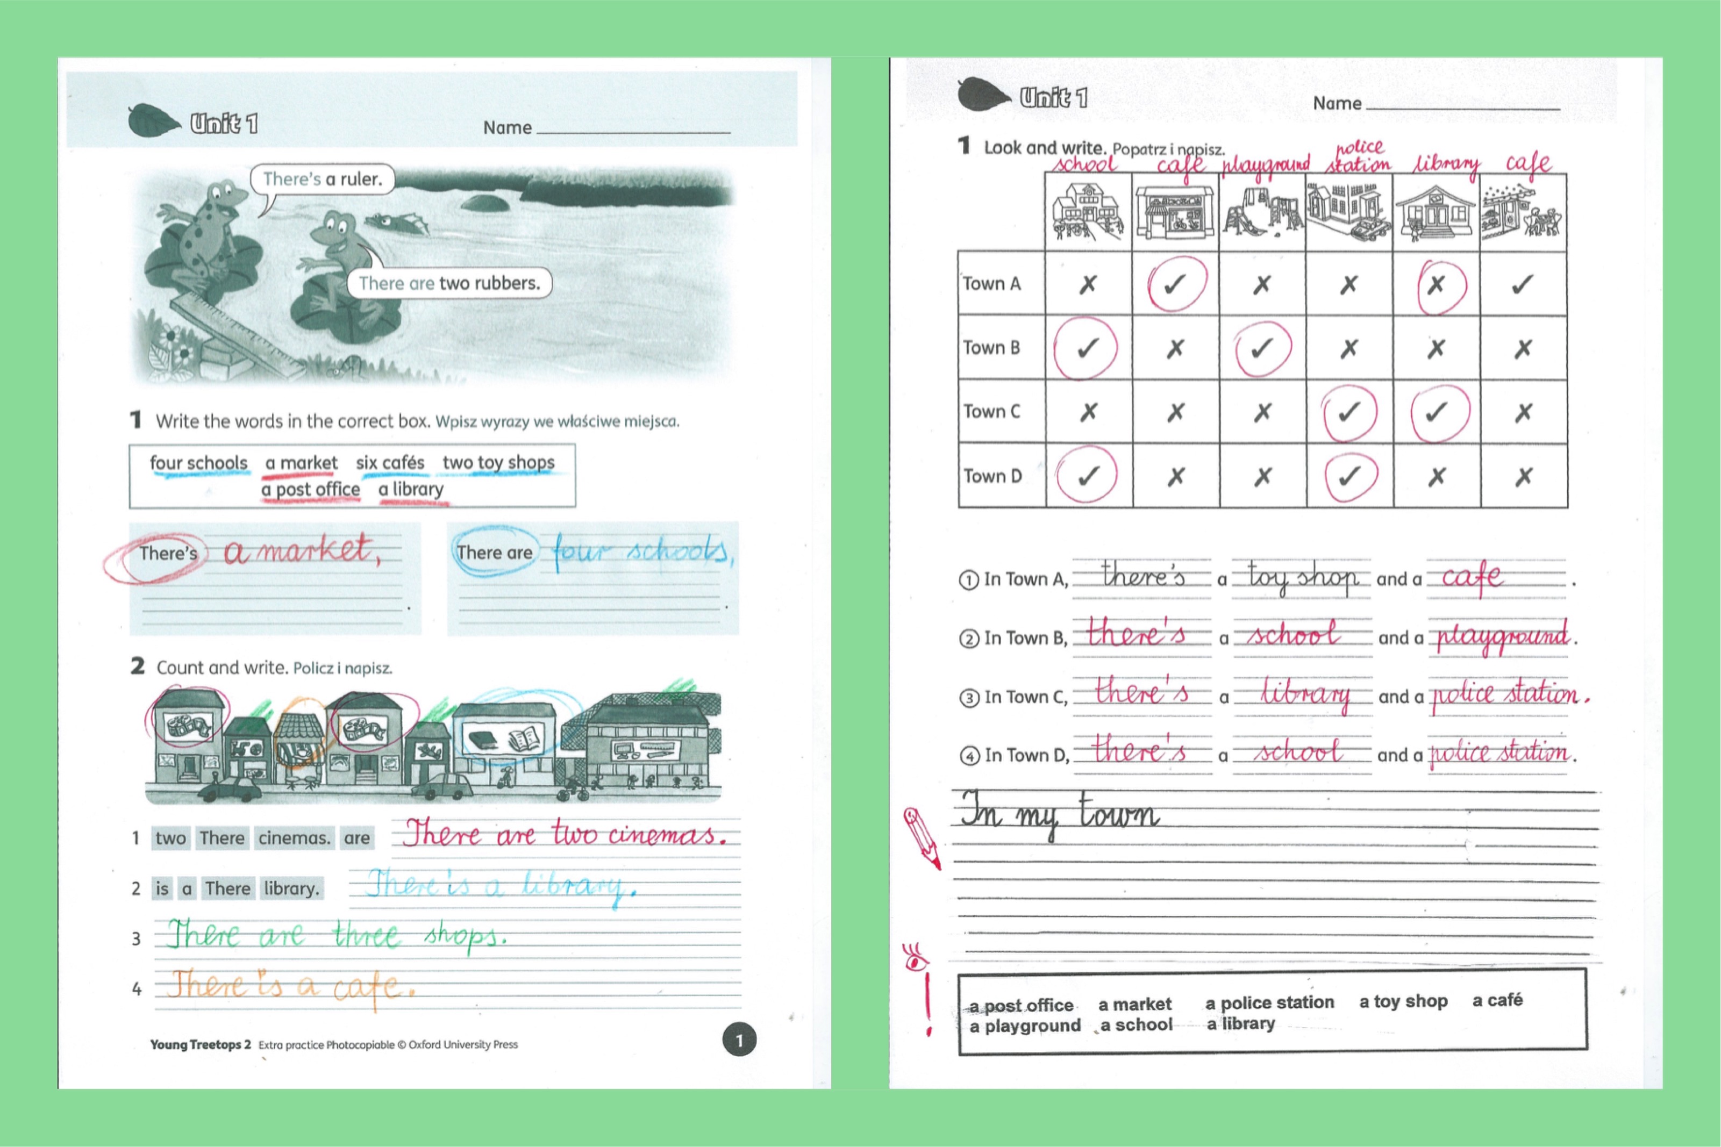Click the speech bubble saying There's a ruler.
pyautogui.click(x=322, y=179)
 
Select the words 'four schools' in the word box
pyautogui.click(x=198, y=463)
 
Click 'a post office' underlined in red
pyautogui.click(x=310, y=489)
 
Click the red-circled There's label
pyautogui.click(x=168, y=553)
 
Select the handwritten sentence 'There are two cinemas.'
pyautogui.click(x=564, y=834)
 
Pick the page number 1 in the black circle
pyautogui.click(x=739, y=1040)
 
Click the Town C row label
pyautogui.click(x=991, y=412)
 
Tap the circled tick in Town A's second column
pyautogui.click(x=1175, y=284)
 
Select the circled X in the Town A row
pyautogui.click(x=1437, y=284)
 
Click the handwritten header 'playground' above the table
pyautogui.click(x=1265, y=164)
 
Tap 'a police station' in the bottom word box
pyautogui.click(x=1269, y=1002)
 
